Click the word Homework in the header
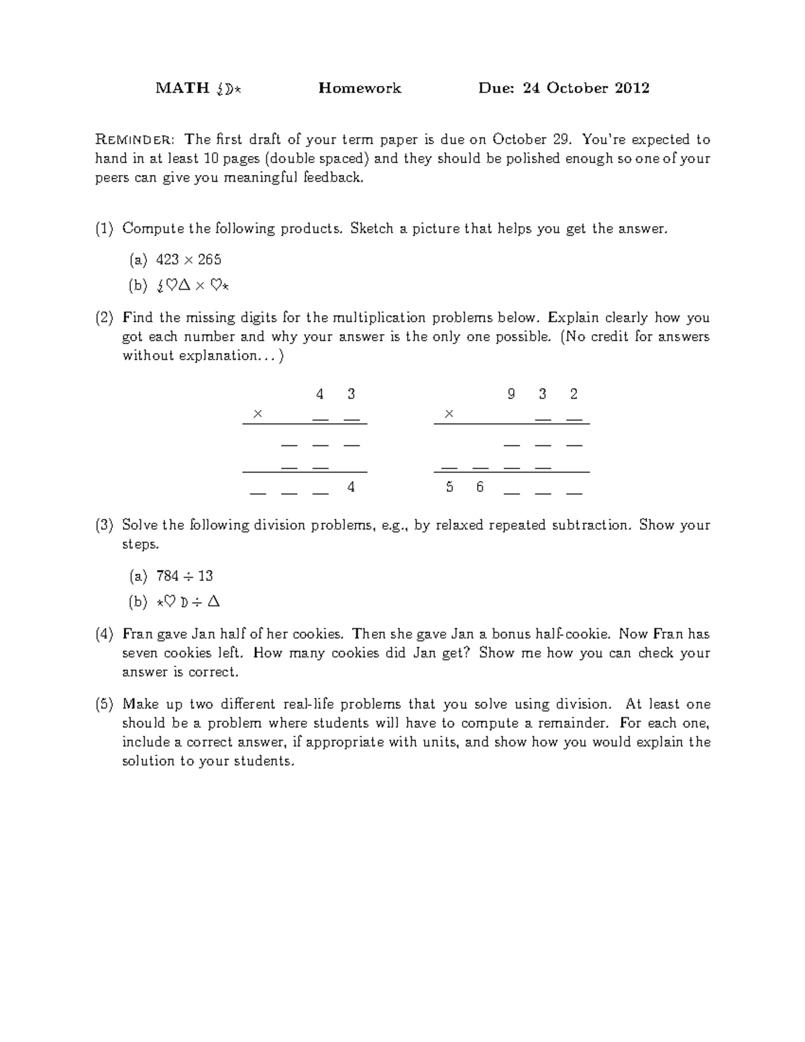click(360, 88)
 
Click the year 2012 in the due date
click(631, 88)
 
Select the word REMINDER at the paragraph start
click(136, 140)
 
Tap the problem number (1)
click(105, 229)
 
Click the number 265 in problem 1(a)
click(209, 260)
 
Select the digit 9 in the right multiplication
click(511, 395)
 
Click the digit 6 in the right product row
click(480, 487)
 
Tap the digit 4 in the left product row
click(351, 487)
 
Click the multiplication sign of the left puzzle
click(257, 414)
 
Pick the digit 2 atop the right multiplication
click(574, 395)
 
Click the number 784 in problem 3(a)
click(167, 576)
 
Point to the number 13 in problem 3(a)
click(205, 576)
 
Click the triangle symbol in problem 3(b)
click(213, 602)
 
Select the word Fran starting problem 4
click(137, 634)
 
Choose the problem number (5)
click(105, 705)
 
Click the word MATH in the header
click(182, 88)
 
